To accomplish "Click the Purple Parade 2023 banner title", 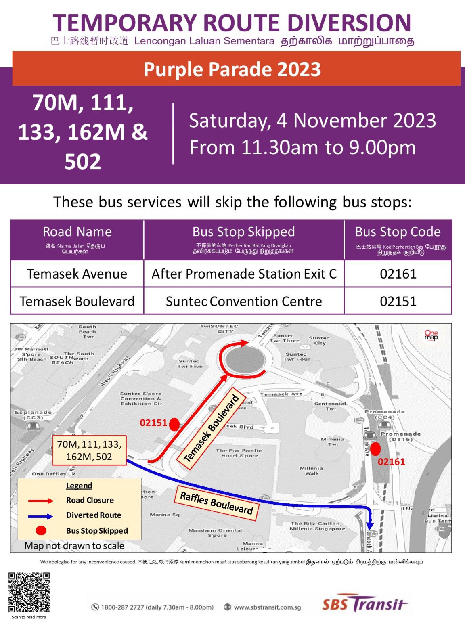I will [232, 69].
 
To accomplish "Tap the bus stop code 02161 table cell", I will [398, 274].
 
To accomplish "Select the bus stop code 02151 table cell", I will [398, 301].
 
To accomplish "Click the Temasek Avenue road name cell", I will [77, 274].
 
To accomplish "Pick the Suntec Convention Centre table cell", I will [244, 301].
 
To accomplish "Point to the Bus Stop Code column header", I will [398, 232].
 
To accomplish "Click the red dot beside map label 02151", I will [174, 424].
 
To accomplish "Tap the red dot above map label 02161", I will [375, 449].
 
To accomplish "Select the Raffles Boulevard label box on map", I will [216, 503].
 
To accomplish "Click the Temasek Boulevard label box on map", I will [212, 429].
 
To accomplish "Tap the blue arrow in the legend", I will [40, 516].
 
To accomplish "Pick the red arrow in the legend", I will [40, 501].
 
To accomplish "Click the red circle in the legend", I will [41, 530].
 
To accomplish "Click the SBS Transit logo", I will [364, 604].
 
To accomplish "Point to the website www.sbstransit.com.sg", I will [267, 607].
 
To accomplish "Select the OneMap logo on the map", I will [431, 335].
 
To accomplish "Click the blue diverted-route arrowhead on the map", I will [370, 525].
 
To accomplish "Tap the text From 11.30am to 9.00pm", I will [302, 148].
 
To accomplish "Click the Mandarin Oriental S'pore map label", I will [216, 533].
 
